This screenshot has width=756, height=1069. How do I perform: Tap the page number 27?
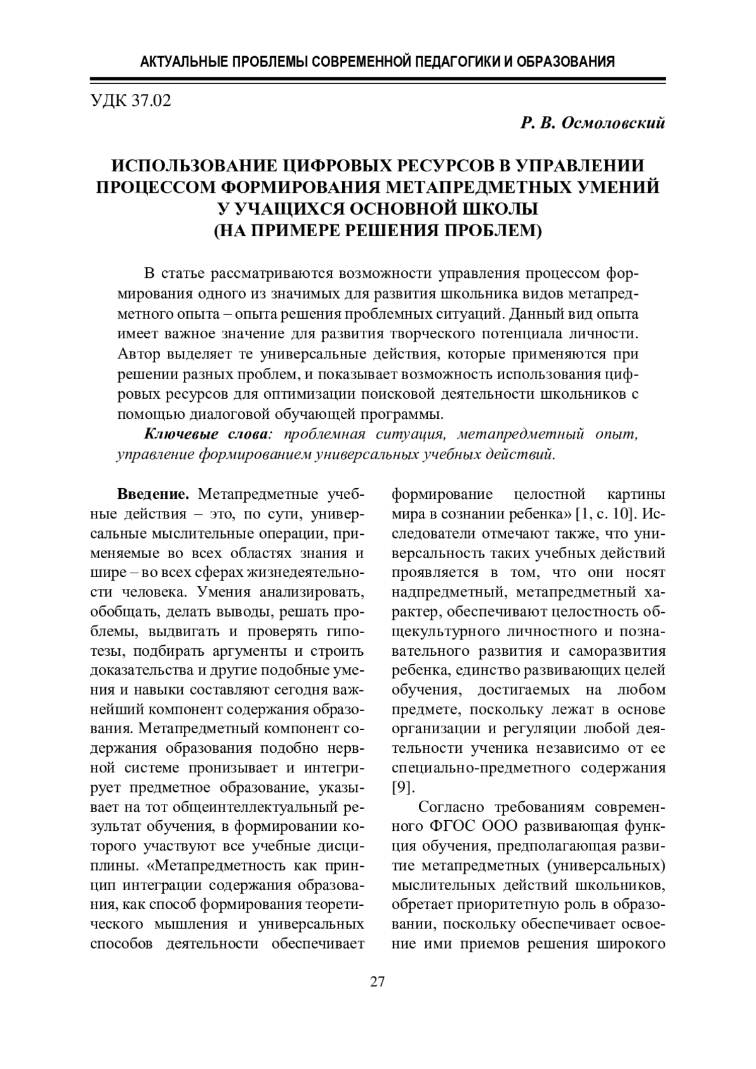377,981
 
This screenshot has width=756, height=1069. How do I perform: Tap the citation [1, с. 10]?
605,513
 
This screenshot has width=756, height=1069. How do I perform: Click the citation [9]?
403,787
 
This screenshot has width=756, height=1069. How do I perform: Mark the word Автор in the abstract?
136,353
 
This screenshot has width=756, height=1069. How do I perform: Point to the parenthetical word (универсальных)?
607,866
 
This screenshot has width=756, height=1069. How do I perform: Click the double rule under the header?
377,79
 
